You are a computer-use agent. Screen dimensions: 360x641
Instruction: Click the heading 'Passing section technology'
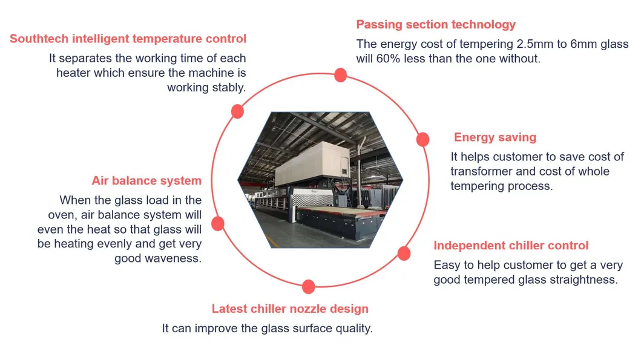point(436,25)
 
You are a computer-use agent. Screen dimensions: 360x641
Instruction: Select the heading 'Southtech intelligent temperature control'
point(128,39)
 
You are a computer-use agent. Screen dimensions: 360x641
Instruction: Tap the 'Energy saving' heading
point(495,137)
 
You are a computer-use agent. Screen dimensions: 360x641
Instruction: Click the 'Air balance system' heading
point(146,180)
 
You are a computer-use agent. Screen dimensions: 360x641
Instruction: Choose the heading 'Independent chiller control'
point(511,246)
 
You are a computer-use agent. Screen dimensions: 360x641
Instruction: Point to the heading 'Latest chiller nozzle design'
point(290,309)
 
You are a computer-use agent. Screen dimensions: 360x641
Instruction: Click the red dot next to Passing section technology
point(340,75)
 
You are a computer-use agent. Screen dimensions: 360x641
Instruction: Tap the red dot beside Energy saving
point(423,139)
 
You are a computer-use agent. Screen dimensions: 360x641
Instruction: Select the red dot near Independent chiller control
point(404,253)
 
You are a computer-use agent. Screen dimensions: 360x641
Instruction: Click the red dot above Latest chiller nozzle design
point(308,287)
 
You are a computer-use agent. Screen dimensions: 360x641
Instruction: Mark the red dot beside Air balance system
point(218,224)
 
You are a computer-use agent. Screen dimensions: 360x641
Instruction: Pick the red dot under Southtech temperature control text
point(237,111)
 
